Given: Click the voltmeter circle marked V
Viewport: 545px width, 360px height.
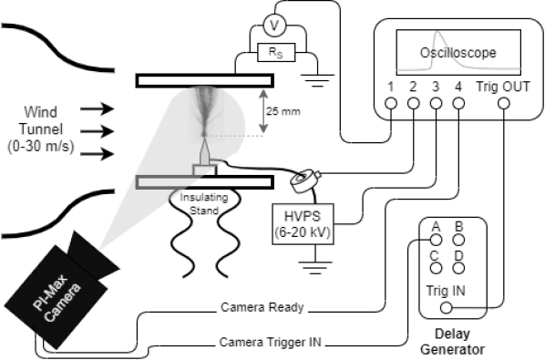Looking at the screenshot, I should (271, 26).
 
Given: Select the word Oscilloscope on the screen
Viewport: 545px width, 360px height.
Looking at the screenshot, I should (459, 53).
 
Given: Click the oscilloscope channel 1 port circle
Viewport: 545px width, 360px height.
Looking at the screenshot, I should (390, 104).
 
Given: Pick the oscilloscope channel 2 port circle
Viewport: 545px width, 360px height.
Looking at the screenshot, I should (413, 104).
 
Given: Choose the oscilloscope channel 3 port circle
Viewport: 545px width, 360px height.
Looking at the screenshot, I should (436, 104).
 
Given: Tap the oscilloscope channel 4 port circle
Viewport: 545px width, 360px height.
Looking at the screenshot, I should (458, 104).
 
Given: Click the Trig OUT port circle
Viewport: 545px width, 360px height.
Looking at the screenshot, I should (504, 104).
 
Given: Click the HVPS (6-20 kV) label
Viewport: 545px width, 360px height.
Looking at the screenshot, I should (302, 225).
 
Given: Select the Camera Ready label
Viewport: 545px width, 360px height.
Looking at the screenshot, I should (262, 307).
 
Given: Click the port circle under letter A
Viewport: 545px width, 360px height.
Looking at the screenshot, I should (437, 240).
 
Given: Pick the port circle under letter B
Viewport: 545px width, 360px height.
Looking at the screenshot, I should (459, 240).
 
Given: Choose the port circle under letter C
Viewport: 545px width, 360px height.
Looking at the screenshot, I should (437, 268).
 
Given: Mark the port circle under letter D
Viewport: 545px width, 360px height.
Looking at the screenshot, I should (459, 268).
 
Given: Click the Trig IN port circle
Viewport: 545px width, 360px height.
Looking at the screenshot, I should (447, 307).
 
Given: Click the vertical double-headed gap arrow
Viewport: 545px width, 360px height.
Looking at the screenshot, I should (262, 111).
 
